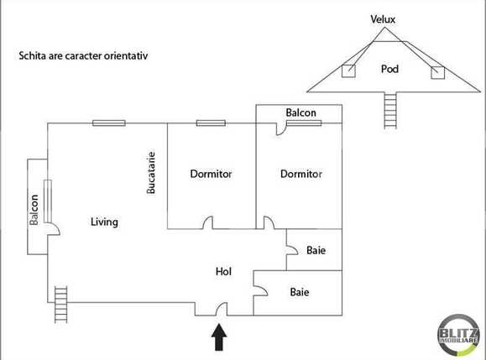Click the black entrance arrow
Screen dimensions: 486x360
pyautogui.click(x=219, y=337)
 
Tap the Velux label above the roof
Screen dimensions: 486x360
pyautogui.click(x=383, y=19)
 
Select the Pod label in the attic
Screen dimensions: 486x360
pyautogui.click(x=389, y=69)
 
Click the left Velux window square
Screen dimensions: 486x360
pyautogui.click(x=348, y=71)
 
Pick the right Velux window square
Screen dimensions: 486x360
pyautogui.click(x=437, y=72)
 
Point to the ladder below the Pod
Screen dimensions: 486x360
pyautogui.click(x=390, y=110)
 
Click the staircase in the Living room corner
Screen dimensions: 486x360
pyautogui.click(x=60, y=305)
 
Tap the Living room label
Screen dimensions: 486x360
pyautogui.click(x=104, y=222)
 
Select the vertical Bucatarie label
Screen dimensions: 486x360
pyautogui.click(x=150, y=173)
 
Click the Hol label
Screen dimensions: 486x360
pyautogui.click(x=223, y=272)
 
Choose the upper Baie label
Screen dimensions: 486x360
pyautogui.click(x=316, y=250)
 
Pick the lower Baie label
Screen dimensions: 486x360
pyautogui.click(x=300, y=292)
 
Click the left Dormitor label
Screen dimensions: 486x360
pyautogui.click(x=211, y=174)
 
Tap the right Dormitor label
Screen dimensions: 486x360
pyautogui.click(x=301, y=174)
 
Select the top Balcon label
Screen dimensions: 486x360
pyautogui.click(x=301, y=112)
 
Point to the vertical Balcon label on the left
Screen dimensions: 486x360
pyautogui.click(x=34, y=210)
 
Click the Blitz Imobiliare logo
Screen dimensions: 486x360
pyautogui.click(x=458, y=335)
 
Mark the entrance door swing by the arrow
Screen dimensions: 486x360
pyautogui.click(x=222, y=309)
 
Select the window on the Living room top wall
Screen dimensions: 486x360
pyautogui.click(x=109, y=123)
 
